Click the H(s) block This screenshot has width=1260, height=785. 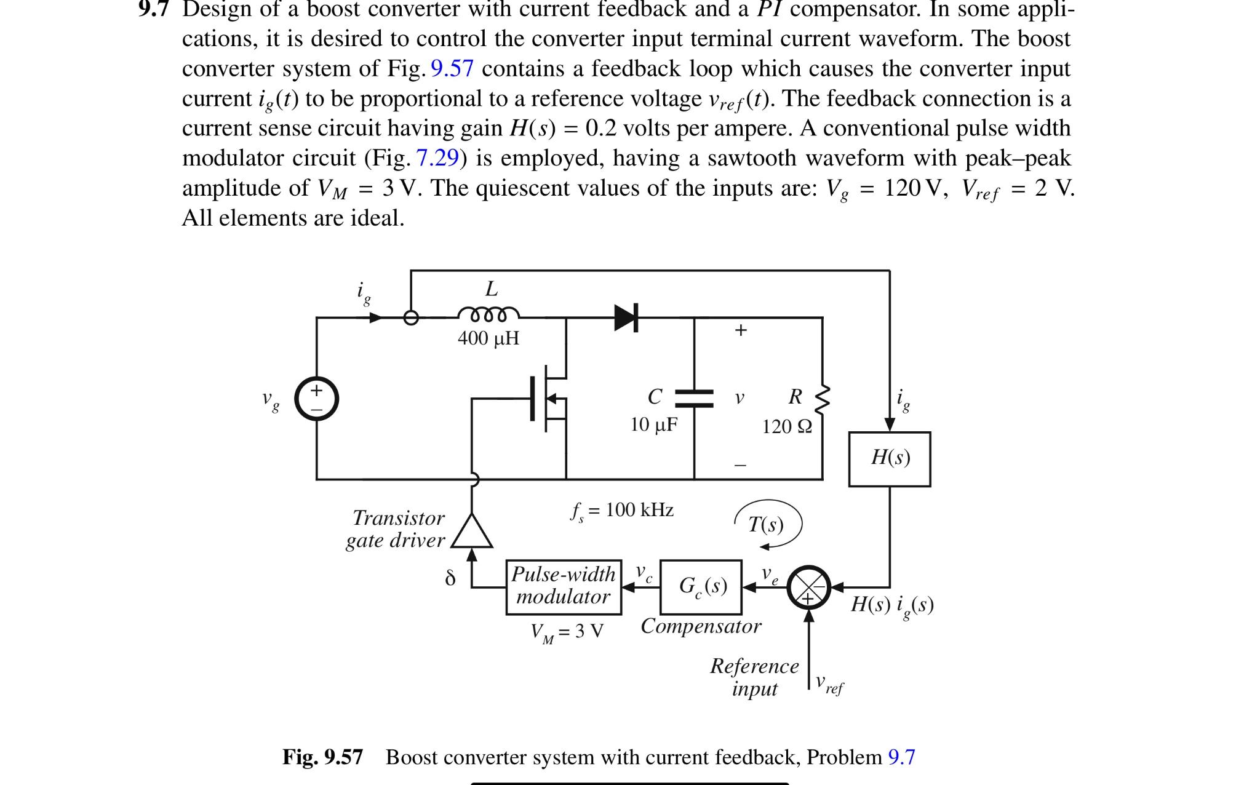(889, 459)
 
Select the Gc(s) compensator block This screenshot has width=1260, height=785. (701, 586)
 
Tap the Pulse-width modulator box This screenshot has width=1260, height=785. (563, 586)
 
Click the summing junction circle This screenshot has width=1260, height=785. (809, 587)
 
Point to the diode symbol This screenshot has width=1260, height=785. (626, 317)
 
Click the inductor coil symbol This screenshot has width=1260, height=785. (488, 314)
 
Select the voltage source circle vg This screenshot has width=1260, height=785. (316, 399)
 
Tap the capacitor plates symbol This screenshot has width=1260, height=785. (694, 398)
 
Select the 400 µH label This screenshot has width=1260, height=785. (488, 338)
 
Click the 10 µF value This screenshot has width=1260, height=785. (653, 424)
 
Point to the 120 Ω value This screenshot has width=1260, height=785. (787, 426)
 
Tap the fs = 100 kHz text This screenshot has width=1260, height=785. (623, 511)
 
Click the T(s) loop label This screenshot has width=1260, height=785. (766, 524)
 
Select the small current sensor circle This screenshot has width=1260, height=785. (411, 317)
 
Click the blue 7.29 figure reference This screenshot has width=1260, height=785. (437, 158)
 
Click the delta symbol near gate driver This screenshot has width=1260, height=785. (450, 578)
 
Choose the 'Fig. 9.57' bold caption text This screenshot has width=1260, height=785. (322, 757)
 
